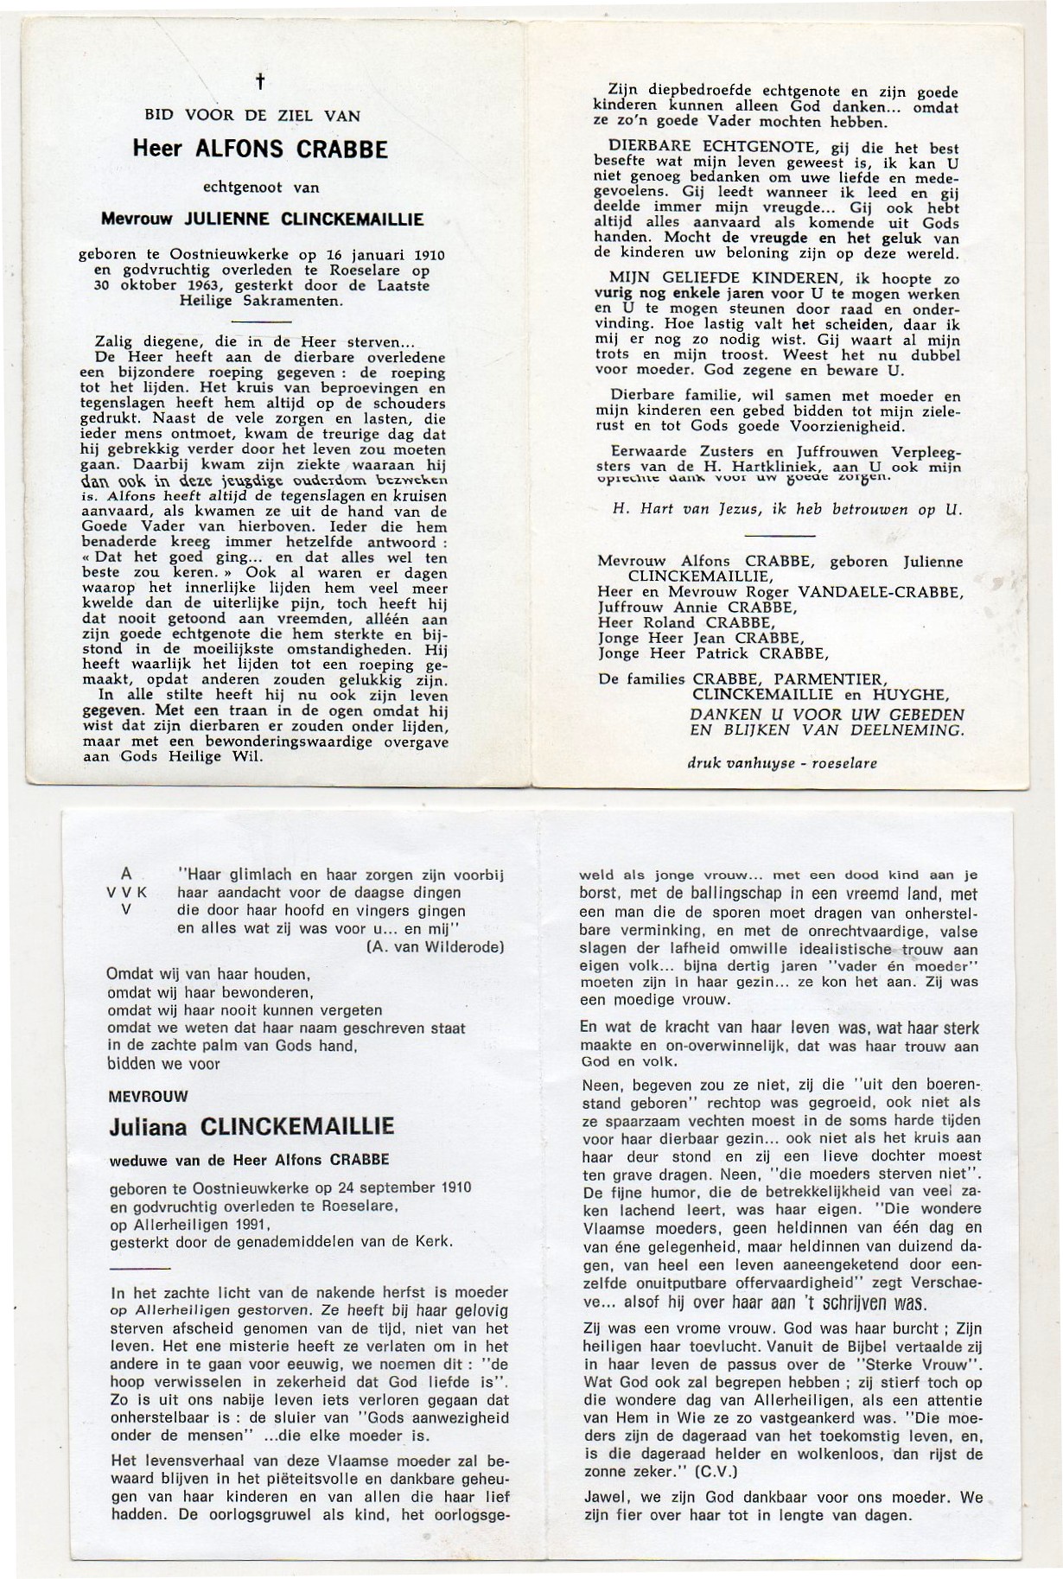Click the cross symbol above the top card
[260, 83]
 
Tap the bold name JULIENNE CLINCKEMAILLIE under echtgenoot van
[302, 220]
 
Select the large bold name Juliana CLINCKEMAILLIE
[252, 1127]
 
